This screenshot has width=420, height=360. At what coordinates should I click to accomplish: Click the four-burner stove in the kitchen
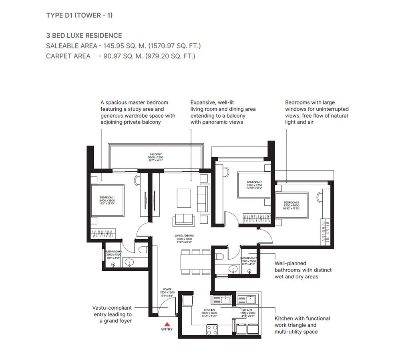[x=212, y=330]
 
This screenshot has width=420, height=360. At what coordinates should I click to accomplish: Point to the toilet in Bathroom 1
[x=143, y=250]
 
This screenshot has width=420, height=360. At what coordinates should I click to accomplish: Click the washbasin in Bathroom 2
[x=233, y=269]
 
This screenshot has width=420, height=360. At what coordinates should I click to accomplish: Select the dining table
[x=195, y=262]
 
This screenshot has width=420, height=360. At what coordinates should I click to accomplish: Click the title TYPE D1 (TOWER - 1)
[x=79, y=15]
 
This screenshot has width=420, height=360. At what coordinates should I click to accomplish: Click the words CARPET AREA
[x=68, y=56]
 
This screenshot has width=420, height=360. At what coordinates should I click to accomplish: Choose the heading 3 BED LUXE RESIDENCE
[x=84, y=36]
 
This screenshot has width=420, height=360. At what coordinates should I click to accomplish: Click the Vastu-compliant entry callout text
[x=112, y=314]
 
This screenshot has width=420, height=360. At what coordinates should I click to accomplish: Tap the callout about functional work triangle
[x=302, y=325]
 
